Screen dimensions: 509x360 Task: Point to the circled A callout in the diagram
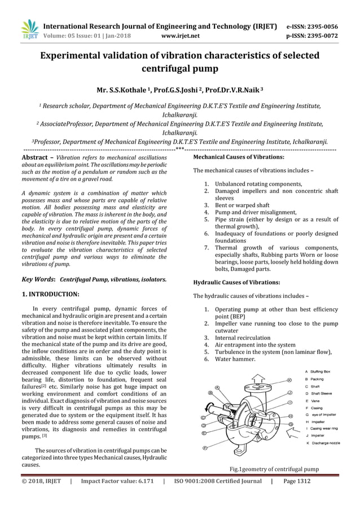pyautogui.click(x=217, y=387)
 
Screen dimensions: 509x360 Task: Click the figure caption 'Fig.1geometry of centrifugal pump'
pyautogui.click(x=274, y=469)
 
